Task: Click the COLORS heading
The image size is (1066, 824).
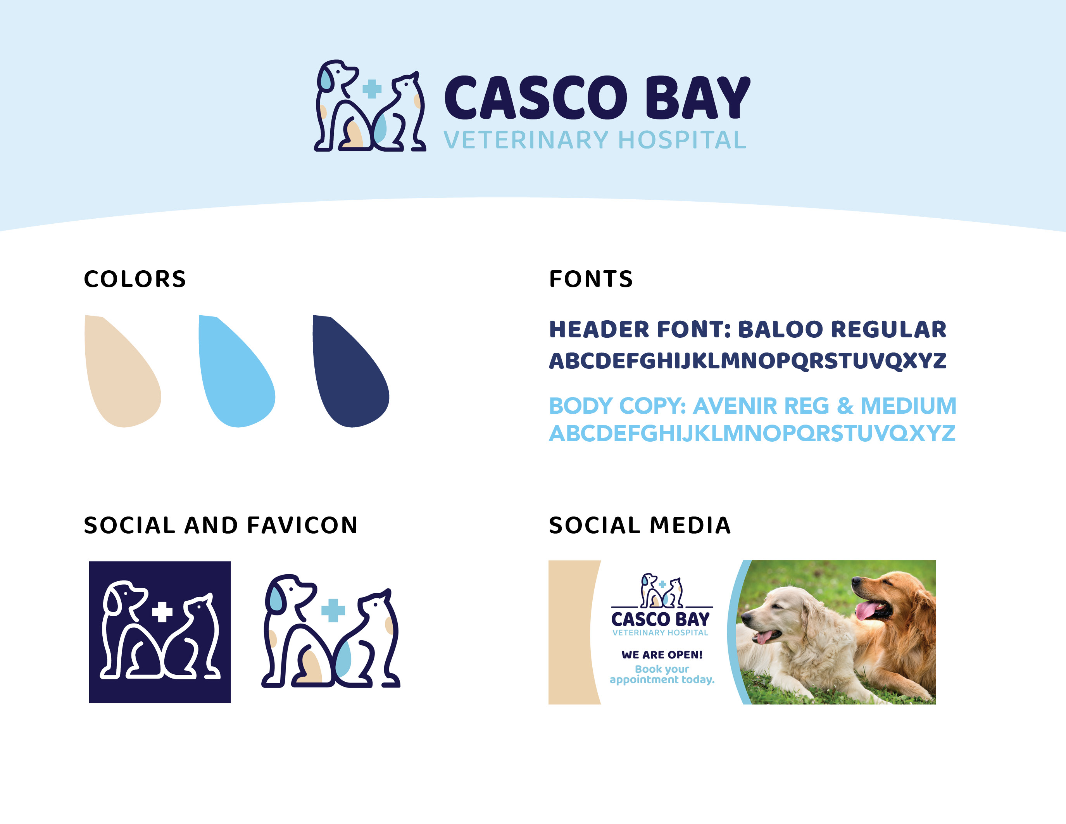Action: point(135,279)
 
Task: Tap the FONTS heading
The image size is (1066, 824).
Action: point(591,279)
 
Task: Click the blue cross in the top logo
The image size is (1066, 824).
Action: point(372,89)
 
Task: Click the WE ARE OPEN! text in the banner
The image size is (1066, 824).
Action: point(662,655)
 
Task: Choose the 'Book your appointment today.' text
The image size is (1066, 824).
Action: point(662,674)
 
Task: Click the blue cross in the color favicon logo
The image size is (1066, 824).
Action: point(333,610)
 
